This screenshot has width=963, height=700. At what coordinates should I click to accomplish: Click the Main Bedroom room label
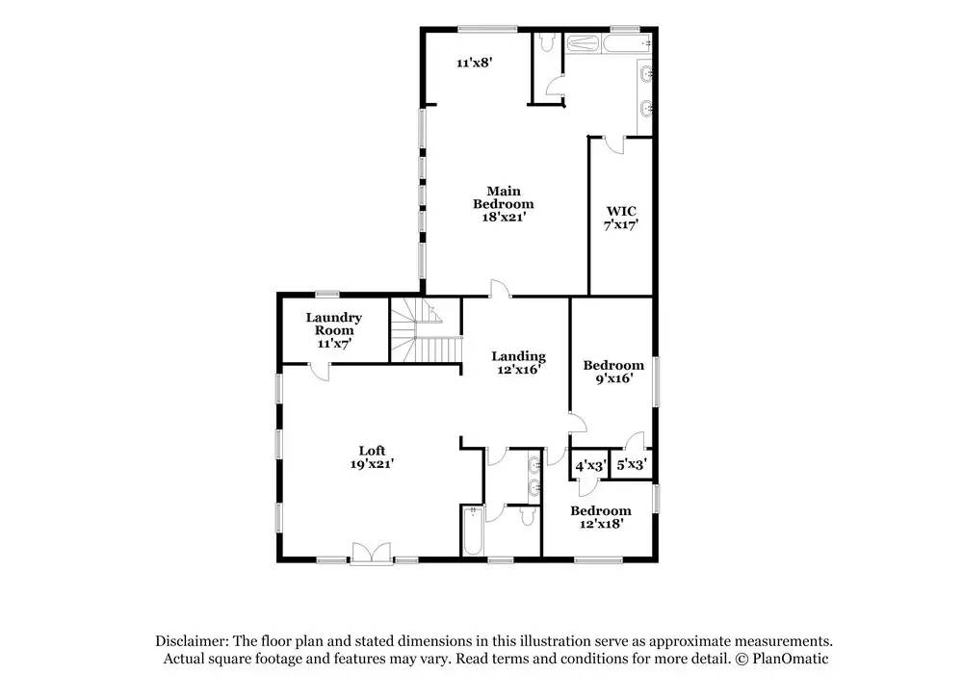coord(503,197)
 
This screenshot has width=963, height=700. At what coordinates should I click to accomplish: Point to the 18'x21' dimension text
coord(504,217)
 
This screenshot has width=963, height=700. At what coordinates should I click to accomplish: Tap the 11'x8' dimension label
coord(475,62)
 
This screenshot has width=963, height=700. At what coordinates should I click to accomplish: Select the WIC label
coord(621,212)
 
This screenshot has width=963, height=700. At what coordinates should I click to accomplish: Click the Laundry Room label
coord(333,324)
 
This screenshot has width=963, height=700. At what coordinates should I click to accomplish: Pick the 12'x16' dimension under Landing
coord(519,369)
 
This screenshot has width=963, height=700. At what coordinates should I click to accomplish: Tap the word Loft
coord(372,451)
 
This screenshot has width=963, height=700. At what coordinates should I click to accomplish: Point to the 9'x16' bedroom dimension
coord(614,378)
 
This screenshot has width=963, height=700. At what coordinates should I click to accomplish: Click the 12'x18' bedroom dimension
coord(602,524)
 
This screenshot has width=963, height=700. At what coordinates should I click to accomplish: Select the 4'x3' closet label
coord(591,465)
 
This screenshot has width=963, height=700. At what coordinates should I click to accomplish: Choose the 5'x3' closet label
coord(632,464)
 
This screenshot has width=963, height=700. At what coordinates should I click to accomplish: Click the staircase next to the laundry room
coord(426,331)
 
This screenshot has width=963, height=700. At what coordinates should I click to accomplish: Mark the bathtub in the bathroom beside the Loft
coord(472,531)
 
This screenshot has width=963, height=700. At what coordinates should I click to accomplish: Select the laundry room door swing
coord(318,372)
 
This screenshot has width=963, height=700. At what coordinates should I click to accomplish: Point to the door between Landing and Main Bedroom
coord(499,289)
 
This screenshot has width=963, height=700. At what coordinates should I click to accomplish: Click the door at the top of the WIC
coord(613,145)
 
